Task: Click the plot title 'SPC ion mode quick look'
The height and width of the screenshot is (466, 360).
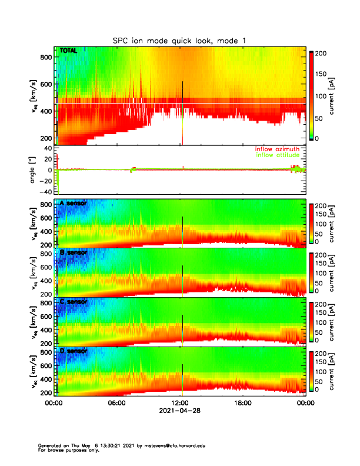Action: (x=179, y=40)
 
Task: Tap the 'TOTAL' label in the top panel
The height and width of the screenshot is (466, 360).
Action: (x=69, y=51)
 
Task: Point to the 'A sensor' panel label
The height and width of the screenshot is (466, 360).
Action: (x=73, y=204)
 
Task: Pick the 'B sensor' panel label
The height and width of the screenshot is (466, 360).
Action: (x=73, y=252)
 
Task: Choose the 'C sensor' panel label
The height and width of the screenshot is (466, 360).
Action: (x=73, y=302)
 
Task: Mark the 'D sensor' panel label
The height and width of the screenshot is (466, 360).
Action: (x=73, y=351)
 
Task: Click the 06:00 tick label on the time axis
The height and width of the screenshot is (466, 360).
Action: (x=116, y=404)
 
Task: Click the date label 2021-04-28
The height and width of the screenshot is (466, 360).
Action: (x=179, y=411)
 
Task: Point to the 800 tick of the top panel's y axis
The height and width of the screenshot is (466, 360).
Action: (x=45, y=57)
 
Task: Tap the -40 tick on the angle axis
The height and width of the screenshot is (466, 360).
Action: (x=45, y=192)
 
